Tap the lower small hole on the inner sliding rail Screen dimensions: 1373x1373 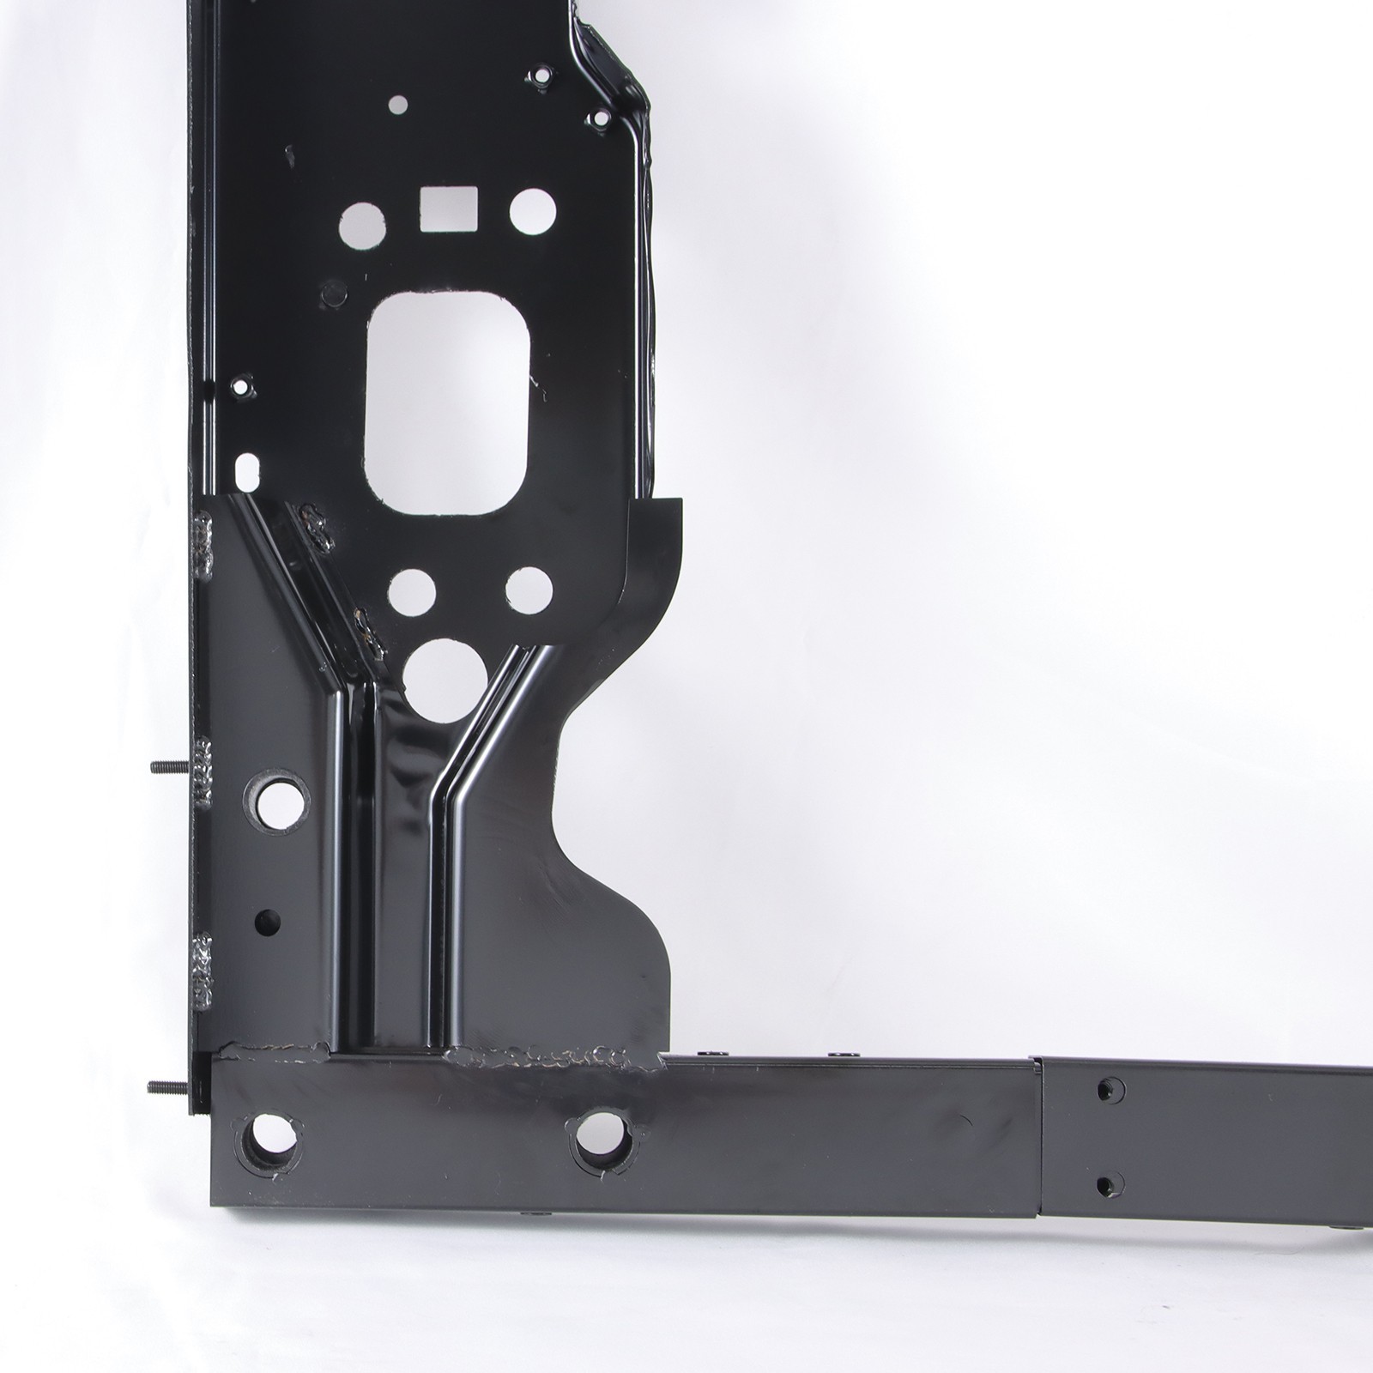[x=1109, y=1183]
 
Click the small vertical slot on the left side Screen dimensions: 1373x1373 [x=248, y=469]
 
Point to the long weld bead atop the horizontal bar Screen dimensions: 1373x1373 [x=549, y=1056]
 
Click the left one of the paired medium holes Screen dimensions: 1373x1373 [x=415, y=590]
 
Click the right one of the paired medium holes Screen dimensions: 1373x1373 [x=528, y=588]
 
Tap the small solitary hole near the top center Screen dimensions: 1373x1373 [x=397, y=105]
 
